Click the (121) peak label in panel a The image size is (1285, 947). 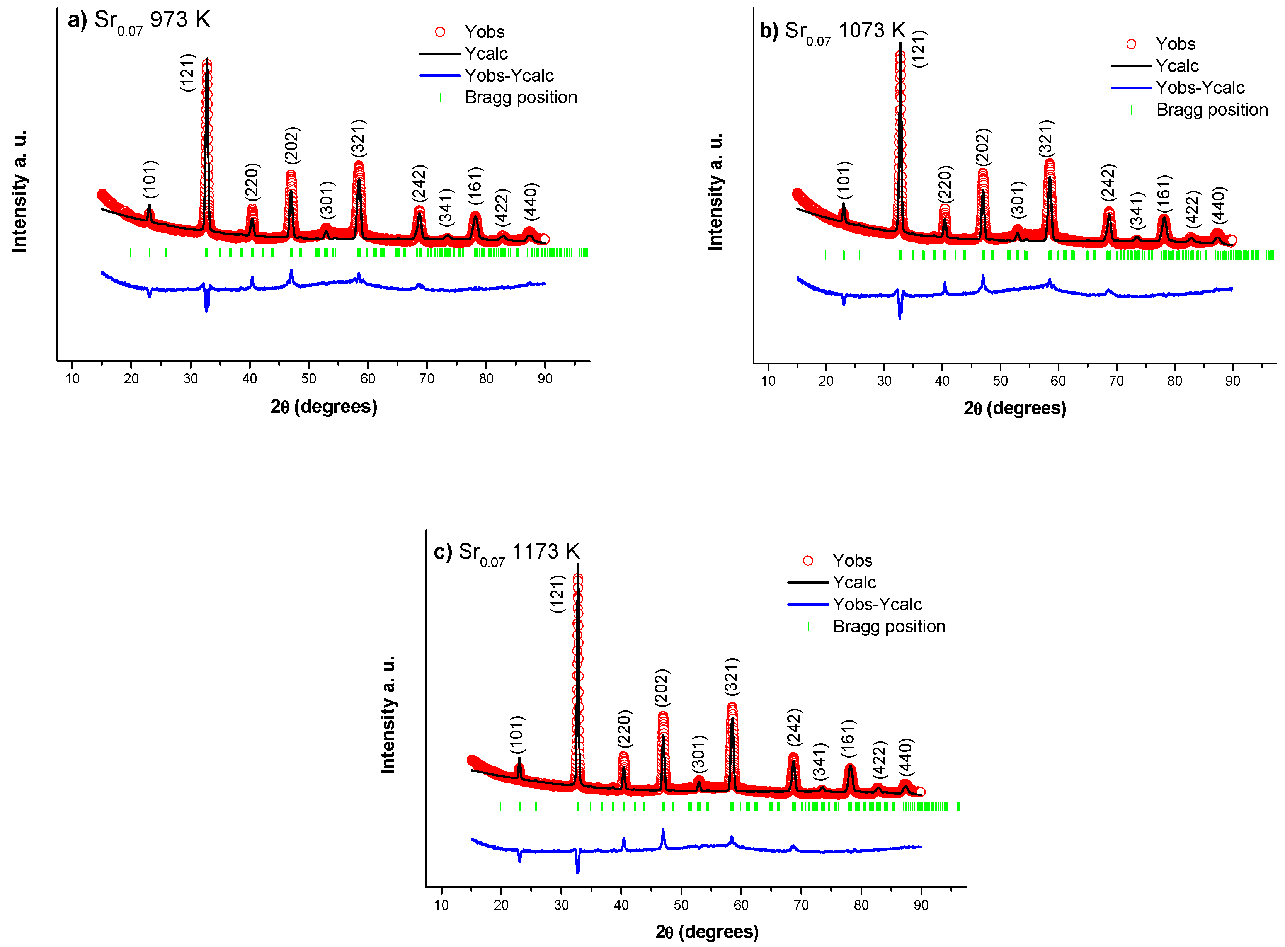coord(188,72)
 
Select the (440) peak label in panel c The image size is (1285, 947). coord(905,756)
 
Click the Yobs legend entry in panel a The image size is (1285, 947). coord(484,32)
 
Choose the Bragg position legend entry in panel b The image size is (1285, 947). coord(1211,109)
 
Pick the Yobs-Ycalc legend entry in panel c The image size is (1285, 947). coord(877,604)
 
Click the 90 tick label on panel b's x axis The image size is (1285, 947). coord(1232,381)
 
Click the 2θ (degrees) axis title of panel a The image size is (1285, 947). coord(324,406)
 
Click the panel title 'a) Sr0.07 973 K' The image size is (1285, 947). coord(139,20)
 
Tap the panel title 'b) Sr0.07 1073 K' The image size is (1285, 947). coord(832,31)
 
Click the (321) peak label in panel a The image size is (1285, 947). coord(359,138)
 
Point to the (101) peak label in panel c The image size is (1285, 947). coord(517,734)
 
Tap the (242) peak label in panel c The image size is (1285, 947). coord(794,727)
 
